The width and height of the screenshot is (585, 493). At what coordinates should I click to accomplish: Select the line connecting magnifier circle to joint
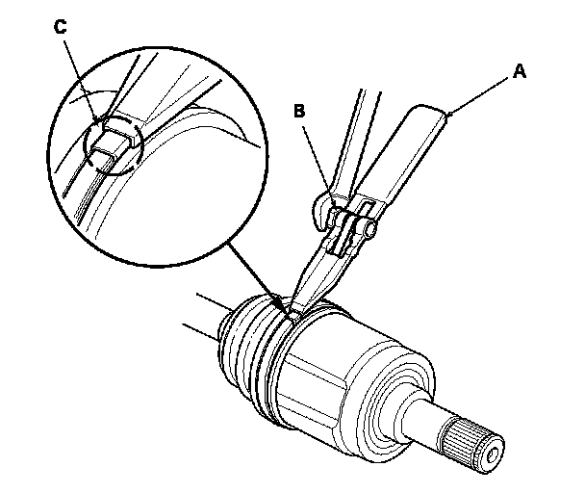click(x=254, y=275)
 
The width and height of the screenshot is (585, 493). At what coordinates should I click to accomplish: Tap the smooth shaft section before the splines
click(x=433, y=419)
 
